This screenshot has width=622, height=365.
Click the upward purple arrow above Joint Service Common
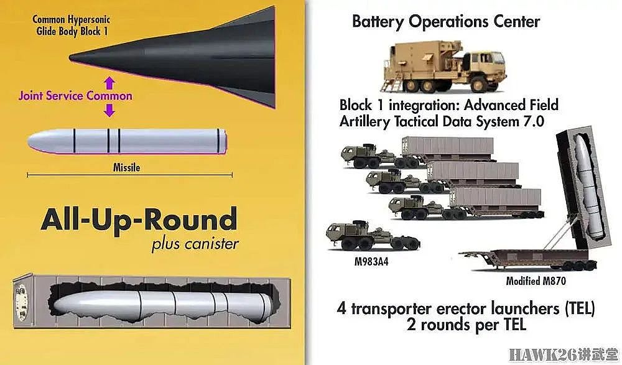click(x=109, y=83)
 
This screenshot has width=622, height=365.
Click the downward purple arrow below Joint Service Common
click(x=109, y=110)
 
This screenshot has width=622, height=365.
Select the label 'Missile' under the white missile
click(x=126, y=167)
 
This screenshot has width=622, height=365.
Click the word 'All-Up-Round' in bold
click(x=139, y=219)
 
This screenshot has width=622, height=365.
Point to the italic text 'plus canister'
click(x=195, y=244)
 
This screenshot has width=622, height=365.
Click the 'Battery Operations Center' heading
click(x=446, y=21)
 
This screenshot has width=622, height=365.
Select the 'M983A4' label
click(x=371, y=262)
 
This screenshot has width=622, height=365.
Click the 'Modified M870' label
click(x=536, y=281)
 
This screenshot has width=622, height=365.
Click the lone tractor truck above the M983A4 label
click(x=373, y=236)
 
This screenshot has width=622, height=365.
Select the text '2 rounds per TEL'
click(x=466, y=325)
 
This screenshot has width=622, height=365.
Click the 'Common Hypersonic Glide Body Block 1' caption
click(x=72, y=25)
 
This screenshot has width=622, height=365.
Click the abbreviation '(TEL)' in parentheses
click(x=580, y=308)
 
